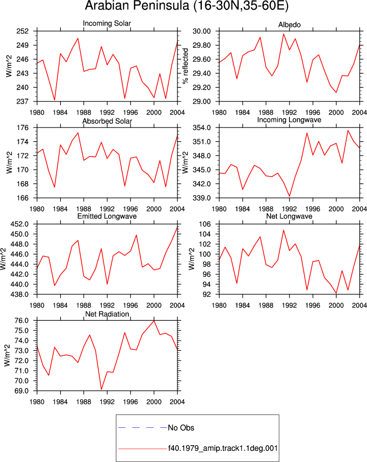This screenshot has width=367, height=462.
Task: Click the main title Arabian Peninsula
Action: point(137,6)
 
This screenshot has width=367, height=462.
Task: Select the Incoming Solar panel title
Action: point(107,23)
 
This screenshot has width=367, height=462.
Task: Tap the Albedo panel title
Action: point(289,25)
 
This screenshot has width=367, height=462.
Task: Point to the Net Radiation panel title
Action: point(107,314)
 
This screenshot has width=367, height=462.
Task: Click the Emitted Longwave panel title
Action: point(107,216)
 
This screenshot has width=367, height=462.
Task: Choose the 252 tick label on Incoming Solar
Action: point(22,31)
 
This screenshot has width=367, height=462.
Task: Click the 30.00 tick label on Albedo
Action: point(202,31)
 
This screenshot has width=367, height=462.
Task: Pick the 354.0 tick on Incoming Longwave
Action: point(202,128)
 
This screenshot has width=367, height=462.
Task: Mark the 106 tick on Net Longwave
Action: point(205,224)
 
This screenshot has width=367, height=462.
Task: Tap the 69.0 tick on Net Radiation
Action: point(21,391)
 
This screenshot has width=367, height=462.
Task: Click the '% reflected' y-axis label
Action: point(185,66)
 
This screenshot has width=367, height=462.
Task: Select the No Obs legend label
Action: point(181,428)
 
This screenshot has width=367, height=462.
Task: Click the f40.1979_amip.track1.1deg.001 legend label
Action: point(223,448)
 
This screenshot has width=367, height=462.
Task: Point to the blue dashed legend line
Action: point(143,427)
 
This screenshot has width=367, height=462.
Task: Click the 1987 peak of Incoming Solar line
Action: point(78,38)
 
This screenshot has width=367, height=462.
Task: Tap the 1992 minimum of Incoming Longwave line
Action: point(289,196)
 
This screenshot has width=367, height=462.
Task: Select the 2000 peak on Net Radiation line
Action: point(154,321)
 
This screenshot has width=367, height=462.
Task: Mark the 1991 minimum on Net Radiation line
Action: point(101,390)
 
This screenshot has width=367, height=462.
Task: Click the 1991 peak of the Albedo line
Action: point(283,34)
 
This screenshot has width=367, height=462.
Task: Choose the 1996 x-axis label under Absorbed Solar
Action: point(130,209)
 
